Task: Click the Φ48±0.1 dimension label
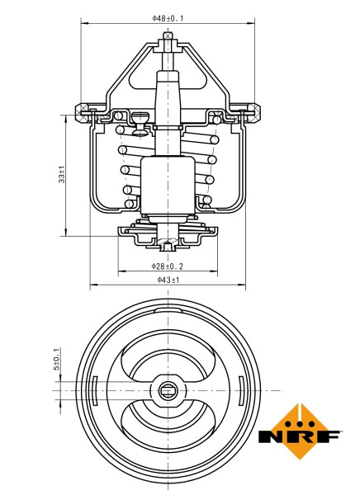pos(168,16)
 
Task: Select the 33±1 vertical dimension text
pos(62,175)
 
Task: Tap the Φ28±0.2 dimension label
pos(167,266)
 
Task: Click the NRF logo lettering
pos(299,436)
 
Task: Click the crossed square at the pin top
pos(168,35)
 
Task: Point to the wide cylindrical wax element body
pos(168,186)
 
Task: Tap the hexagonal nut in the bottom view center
pos(168,389)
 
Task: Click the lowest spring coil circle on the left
pos(128,203)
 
